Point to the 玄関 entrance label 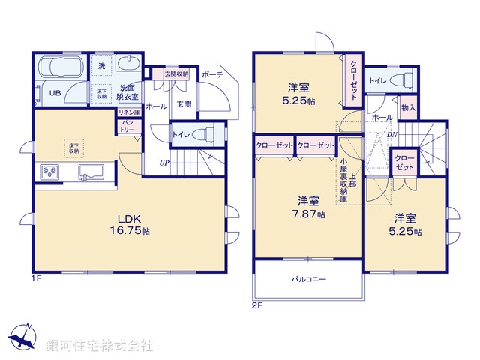pyautogui.click(x=184, y=104)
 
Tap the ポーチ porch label pyautogui.click(x=212, y=75)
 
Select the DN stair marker pyautogui.click(x=391, y=135)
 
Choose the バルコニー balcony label pyautogui.click(x=308, y=280)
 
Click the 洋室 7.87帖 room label pyautogui.click(x=308, y=207)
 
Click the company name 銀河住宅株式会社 pyautogui.click(x=100, y=346)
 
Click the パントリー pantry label pyautogui.click(x=127, y=125)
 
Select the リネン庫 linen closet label pyautogui.click(x=127, y=112)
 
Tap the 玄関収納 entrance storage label pyautogui.click(x=177, y=73)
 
